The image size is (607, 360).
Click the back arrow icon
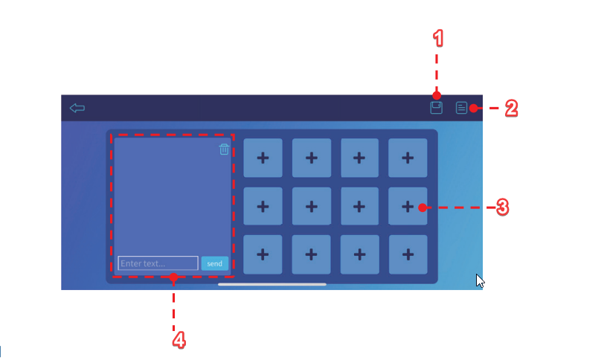77,108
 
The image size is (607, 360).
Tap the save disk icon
436,108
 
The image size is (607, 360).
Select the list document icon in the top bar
461,108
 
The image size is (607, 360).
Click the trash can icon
224,149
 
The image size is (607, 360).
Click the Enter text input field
158,263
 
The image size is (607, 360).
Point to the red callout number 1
438,39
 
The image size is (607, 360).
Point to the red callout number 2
511,109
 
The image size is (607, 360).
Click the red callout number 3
502,208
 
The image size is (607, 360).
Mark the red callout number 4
179,341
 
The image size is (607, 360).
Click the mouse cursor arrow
480,280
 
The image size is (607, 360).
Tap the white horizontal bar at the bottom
272,284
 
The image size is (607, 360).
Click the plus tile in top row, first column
263,158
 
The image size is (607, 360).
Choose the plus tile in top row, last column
408,158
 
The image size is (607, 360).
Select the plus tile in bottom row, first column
263,254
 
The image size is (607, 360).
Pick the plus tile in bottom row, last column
408,254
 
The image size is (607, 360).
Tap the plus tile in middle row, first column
263,206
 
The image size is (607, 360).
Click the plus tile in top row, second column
312,158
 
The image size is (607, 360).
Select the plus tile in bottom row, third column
359,254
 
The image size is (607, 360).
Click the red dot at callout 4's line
174,277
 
